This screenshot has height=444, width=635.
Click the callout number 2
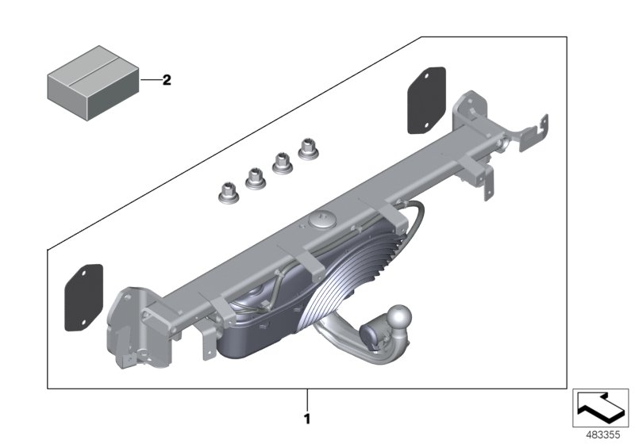coord(167,80)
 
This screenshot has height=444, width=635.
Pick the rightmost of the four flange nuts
coord(306,147)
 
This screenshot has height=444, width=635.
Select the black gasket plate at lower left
coord(82,296)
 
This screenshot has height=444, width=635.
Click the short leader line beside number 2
coord(151,80)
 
